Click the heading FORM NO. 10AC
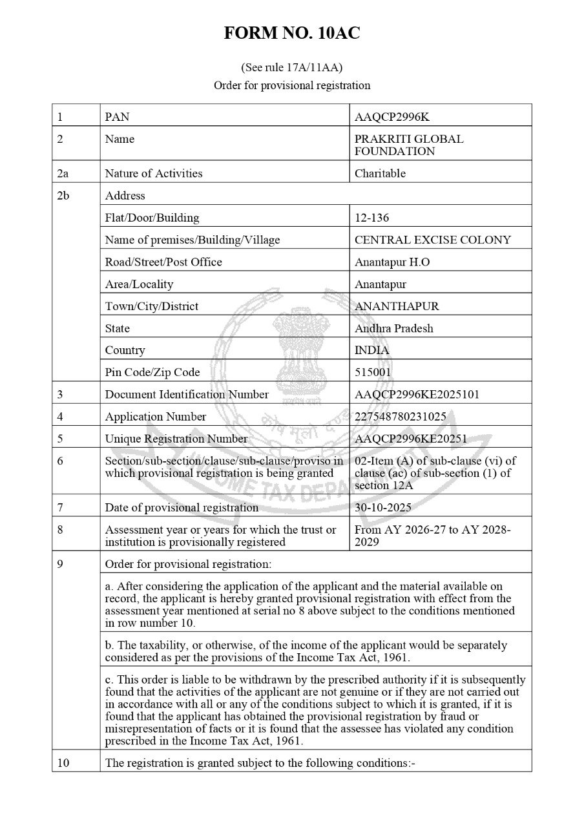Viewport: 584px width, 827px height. (x=292, y=34)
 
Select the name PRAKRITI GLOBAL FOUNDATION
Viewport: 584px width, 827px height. (x=408, y=145)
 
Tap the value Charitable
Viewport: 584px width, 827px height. (x=380, y=173)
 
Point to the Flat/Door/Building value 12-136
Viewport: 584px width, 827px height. (x=372, y=218)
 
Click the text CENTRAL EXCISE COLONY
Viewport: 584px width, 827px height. (x=432, y=240)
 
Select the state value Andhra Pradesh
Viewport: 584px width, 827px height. (x=393, y=328)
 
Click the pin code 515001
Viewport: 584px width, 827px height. (x=373, y=372)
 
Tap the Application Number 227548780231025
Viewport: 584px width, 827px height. (x=400, y=416)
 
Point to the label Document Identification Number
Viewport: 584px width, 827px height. (x=187, y=394)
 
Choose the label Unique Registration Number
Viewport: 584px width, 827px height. (x=176, y=439)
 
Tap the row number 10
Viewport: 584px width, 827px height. (x=63, y=763)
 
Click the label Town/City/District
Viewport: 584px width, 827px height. (x=151, y=306)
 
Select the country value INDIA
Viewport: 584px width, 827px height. (x=372, y=350)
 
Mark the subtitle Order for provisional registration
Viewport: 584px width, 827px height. (x=292, y=85)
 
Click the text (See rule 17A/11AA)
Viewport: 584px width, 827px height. (x=292, y=67)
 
